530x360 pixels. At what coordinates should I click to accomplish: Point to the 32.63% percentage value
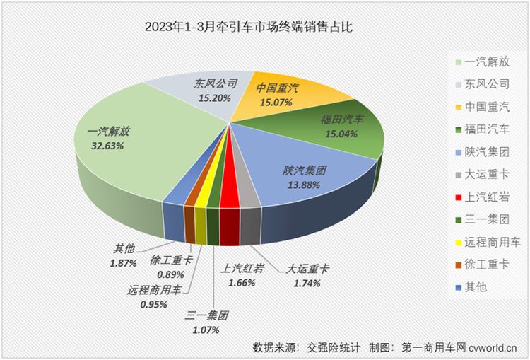pos(108,146)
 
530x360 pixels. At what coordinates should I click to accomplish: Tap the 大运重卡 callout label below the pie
pos(308,269)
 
